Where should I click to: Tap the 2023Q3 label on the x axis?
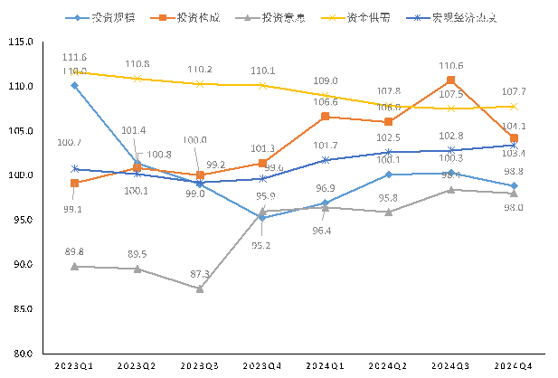click(x=199, y=365)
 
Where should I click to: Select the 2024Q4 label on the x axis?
click(x=514, y=365)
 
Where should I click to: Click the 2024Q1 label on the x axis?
click(x=325, y=365)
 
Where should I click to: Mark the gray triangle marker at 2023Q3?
click(x=199, y=288)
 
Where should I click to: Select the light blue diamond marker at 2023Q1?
click(x=74, y=86)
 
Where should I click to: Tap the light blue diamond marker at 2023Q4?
click(x=262, y=217)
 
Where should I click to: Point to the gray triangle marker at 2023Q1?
click(x=74, y=266)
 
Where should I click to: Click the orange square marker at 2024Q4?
click(x=514, y=138)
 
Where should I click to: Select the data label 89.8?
click(x=73, y=251)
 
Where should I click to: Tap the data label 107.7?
click(x=514, y=91)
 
